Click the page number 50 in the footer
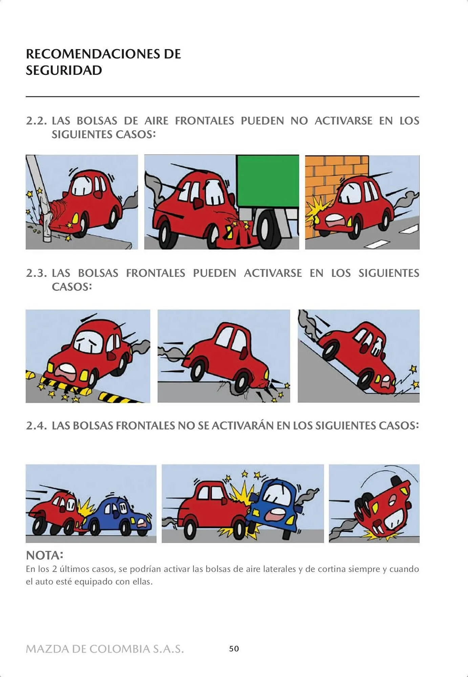(x=234, y=649)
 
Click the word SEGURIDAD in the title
(x=64, y=70)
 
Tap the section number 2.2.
(x=36, y=121)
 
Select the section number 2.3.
(x=36, y=273)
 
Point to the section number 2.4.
(x=36, y=425)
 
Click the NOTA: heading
(x=44, y=555)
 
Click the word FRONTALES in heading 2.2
(x=204, y=121)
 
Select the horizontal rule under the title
(x=222, y=97)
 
